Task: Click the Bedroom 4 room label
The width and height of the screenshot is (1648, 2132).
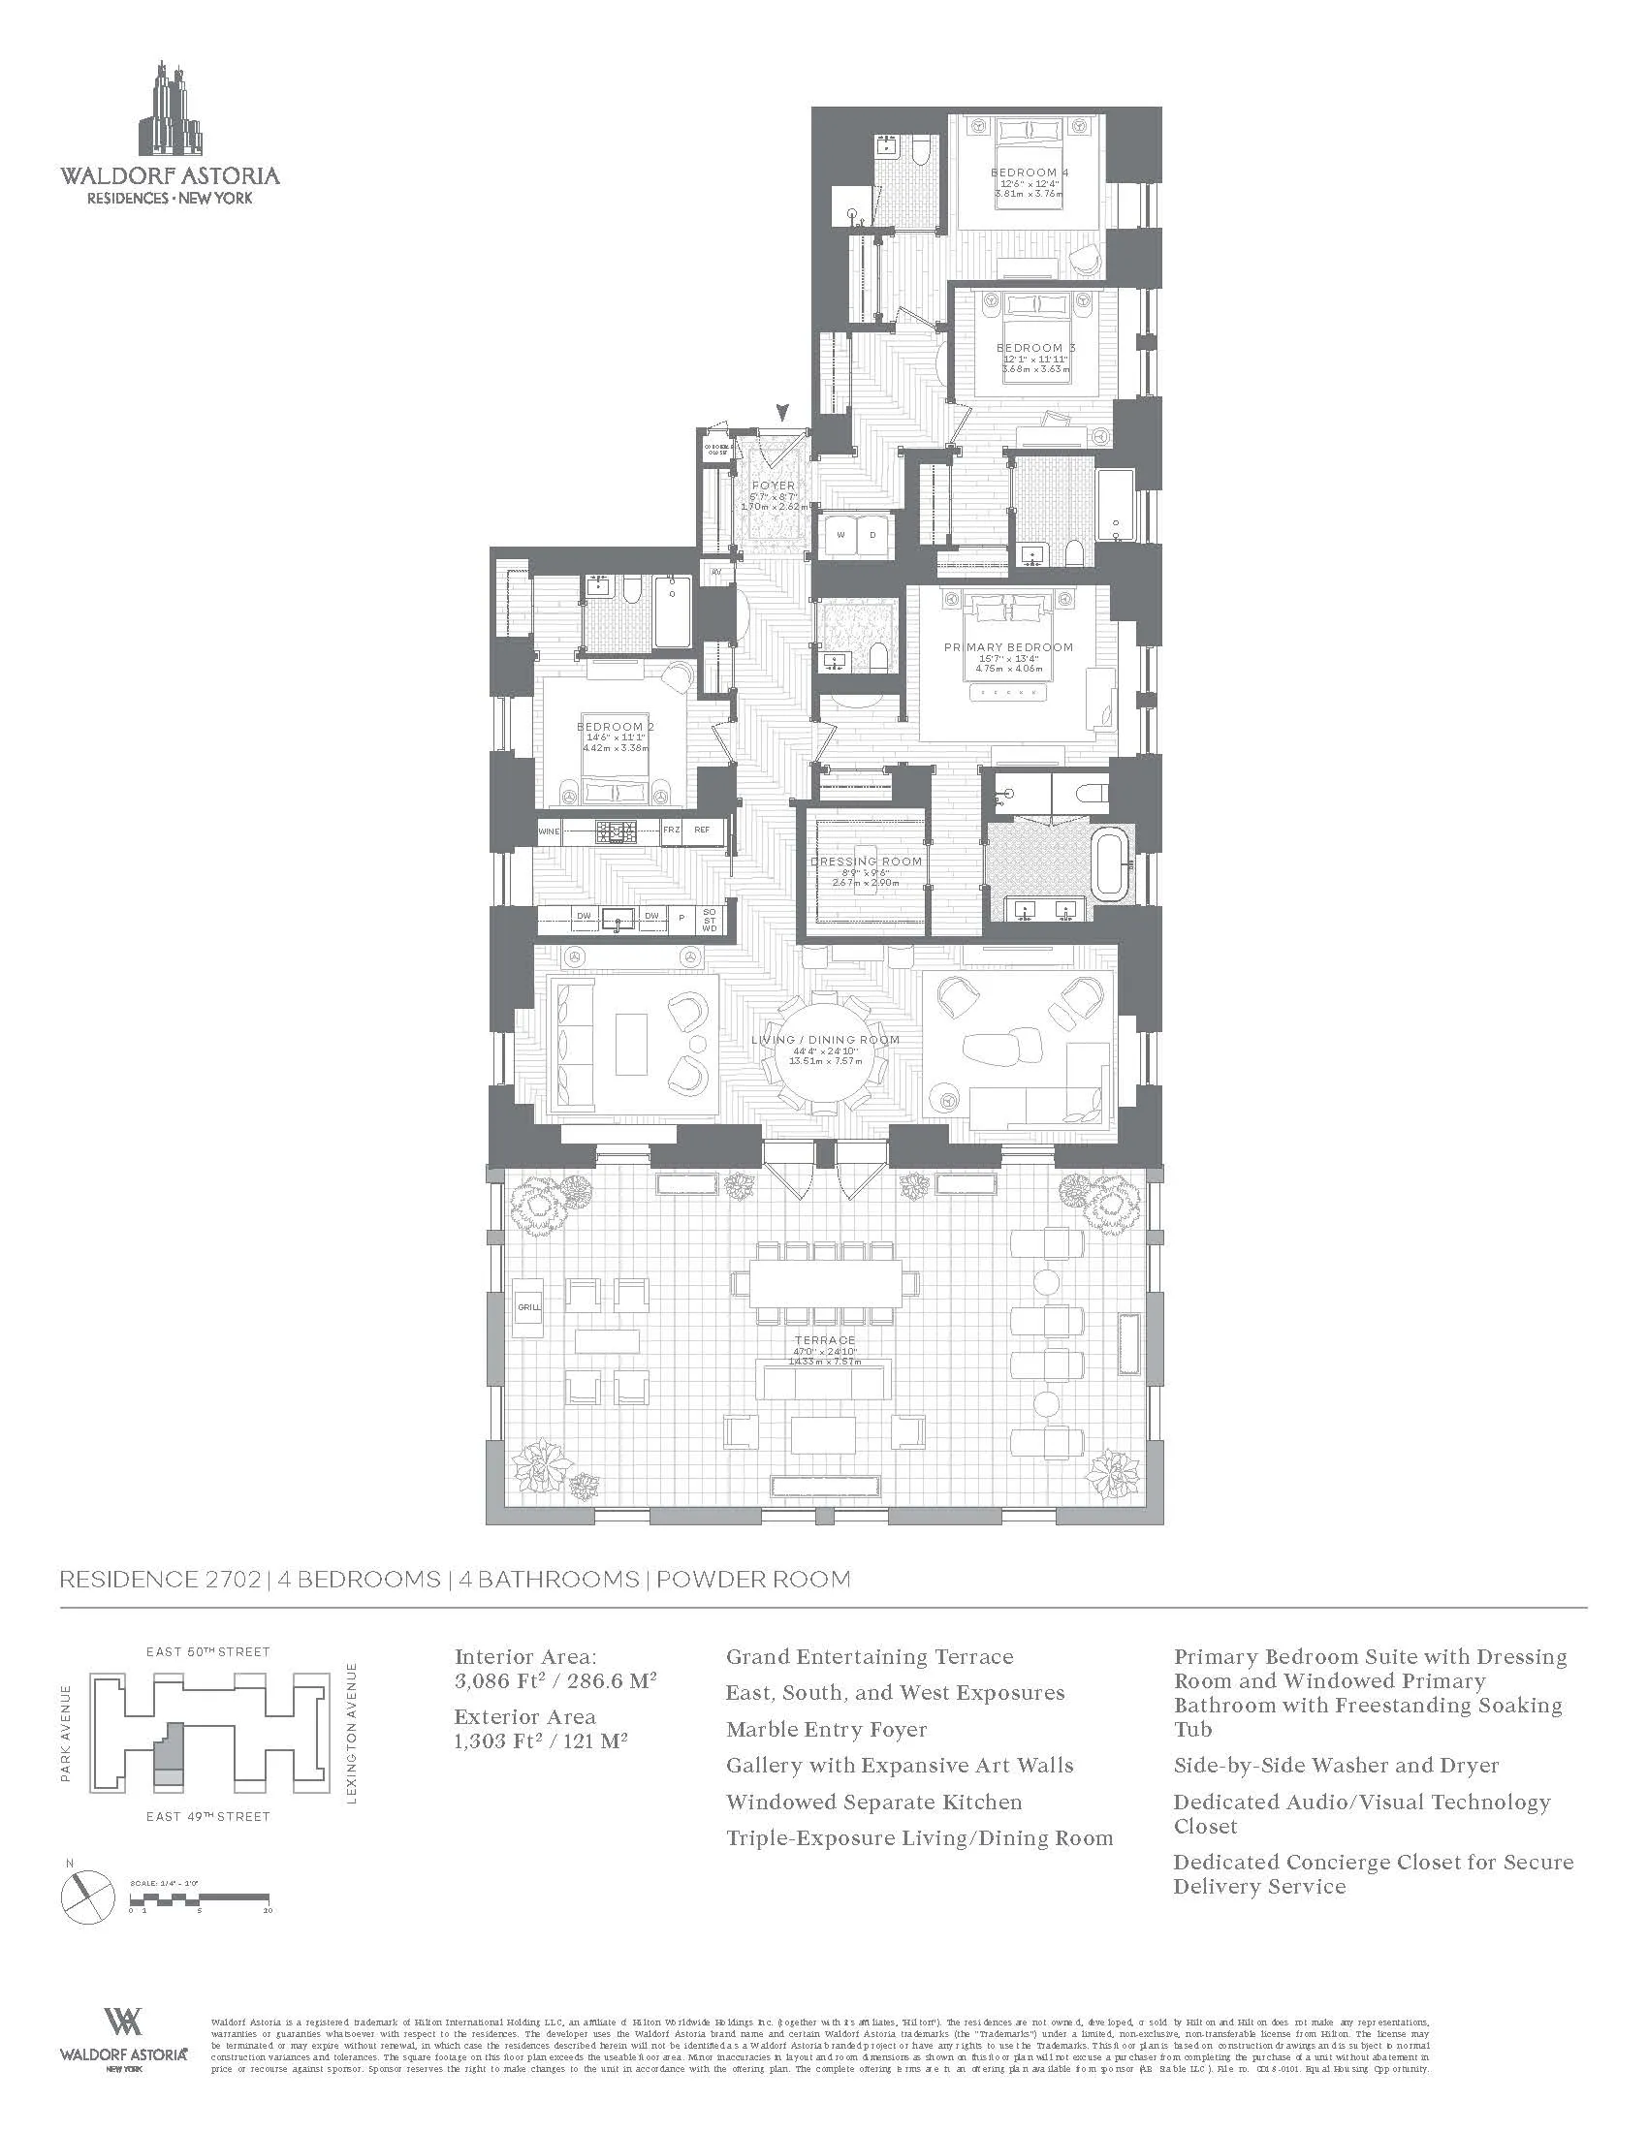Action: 1029,172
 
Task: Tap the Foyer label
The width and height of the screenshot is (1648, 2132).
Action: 774,486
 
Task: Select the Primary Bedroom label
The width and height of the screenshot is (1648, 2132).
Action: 1007,647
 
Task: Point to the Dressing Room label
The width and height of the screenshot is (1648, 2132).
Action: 866,861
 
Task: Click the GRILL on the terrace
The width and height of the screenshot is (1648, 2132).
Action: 528,1307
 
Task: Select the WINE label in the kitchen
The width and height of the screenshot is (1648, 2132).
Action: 550,831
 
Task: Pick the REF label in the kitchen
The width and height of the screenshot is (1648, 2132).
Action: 701,831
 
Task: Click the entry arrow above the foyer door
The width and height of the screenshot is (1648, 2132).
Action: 779,412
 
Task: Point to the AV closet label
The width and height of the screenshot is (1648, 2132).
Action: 716,572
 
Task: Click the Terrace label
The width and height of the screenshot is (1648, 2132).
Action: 825,1340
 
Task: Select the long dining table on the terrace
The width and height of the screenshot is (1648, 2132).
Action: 826,1289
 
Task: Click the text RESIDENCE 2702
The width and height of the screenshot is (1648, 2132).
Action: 161,1580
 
